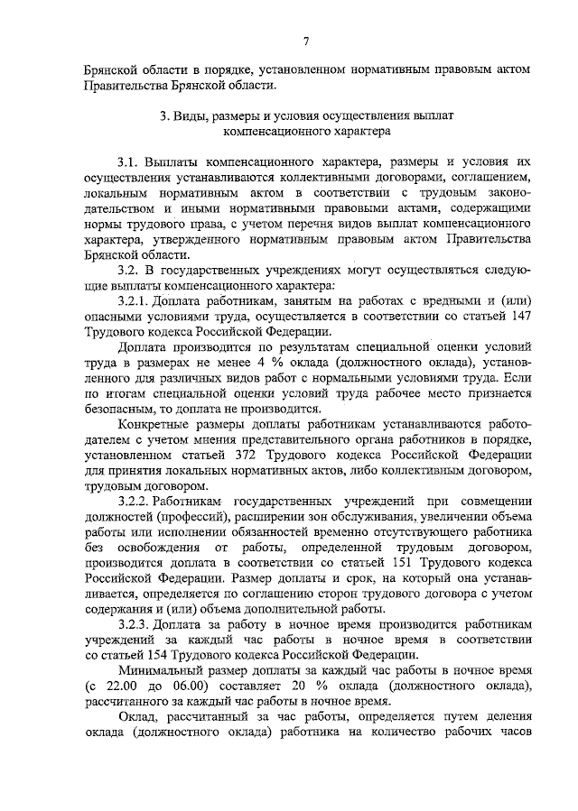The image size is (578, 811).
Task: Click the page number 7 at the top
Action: click(307, 41)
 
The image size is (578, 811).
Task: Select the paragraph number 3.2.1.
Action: click(136, 300)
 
